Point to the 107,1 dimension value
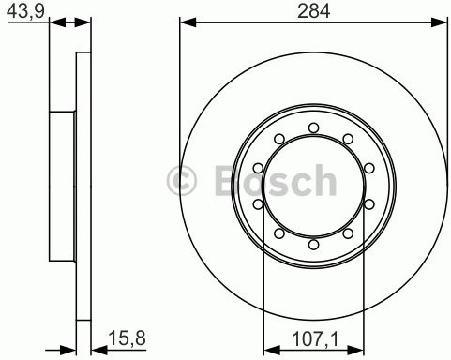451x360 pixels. (312, 333)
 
